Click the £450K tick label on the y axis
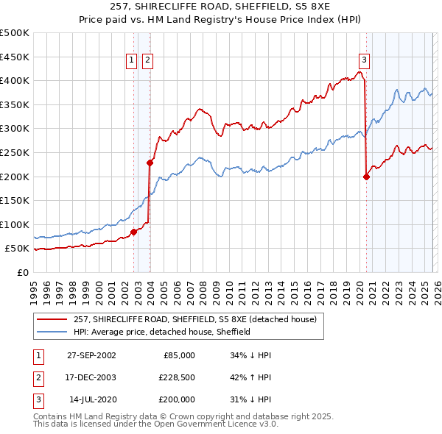pyautogui.click(x=15, y=57)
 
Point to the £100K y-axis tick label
pyautogui.click(x=15, y=224)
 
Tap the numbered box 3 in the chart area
pyautogui.click(x=364, y=61)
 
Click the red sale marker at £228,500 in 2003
pyautogui.click(x=150, y=163)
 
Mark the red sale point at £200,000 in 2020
pyautogui.click(x=366, y=176)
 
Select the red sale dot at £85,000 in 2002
pyautogui.click(x=133, y=232)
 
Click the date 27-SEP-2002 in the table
pyautogui.click(x=91, y=355)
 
